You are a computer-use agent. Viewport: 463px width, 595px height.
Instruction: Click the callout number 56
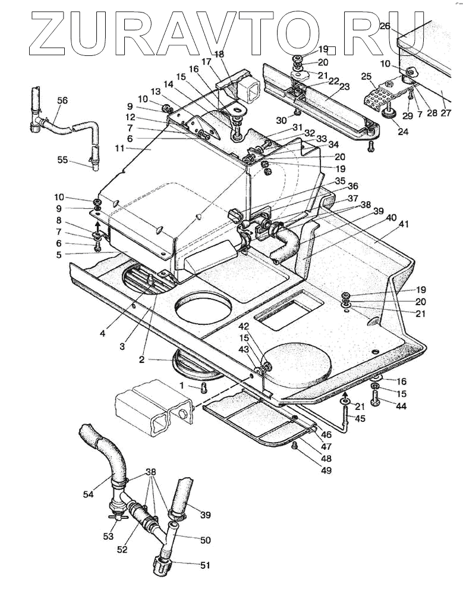pos(62,101)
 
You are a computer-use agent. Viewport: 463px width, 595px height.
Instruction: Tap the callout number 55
pos(62,160)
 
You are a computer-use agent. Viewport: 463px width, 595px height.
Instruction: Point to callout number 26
pos(385,26)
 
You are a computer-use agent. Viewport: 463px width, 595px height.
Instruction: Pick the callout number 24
pos(403,131)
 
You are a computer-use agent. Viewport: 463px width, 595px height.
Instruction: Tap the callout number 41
pos(404,224)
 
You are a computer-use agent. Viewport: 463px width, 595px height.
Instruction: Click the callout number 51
pos(204,565)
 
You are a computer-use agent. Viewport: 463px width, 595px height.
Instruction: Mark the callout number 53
pos(108,537)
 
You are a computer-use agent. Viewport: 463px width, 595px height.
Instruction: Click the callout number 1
pos(182,386)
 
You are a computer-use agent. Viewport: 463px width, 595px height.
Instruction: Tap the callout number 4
pos(103,334)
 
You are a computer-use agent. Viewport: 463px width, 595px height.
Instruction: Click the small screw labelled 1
pos(204,389)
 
